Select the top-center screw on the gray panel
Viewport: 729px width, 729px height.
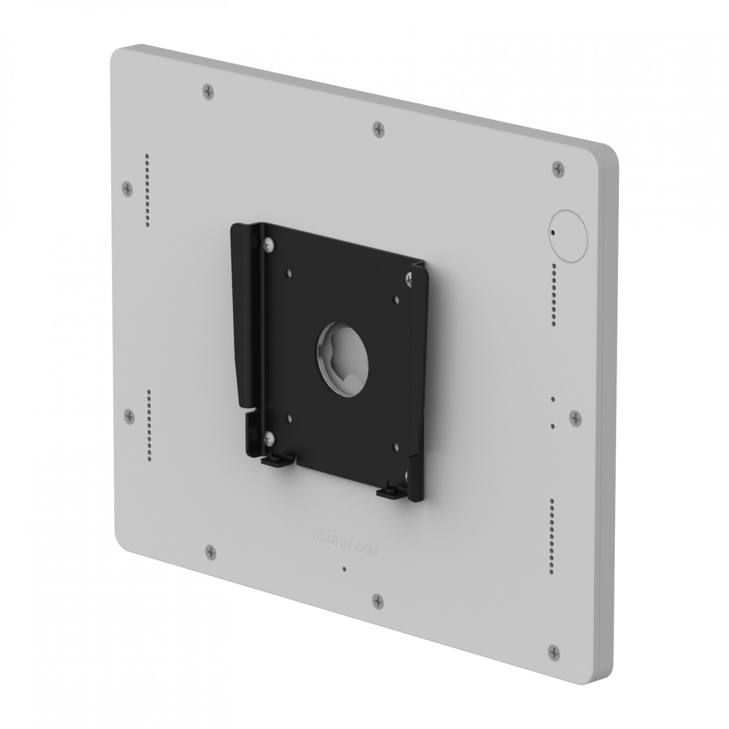pyautogui.click(x=378, y=129)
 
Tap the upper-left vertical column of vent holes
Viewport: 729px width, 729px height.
pyautogui.click(x=147, y=190)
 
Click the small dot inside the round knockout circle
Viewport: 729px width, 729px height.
pyautogui.click(x=553, y=232)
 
